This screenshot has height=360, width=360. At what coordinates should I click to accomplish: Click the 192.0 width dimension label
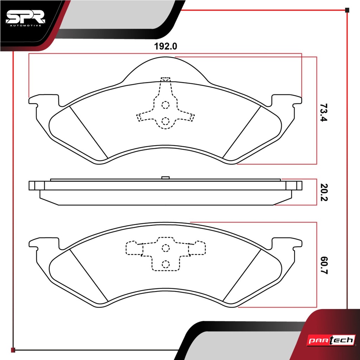pos(165,46)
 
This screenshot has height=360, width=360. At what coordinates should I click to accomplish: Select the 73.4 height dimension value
pos(323,112)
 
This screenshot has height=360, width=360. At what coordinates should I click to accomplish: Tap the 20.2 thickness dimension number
pos(323,192)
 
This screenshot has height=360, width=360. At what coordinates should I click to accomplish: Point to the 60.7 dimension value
pos(323,265)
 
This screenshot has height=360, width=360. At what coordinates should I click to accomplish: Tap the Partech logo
pos(331,340)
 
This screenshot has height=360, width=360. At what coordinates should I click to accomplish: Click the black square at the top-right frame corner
pos(347,10)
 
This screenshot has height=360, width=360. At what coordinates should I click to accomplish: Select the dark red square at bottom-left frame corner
pos(13,350)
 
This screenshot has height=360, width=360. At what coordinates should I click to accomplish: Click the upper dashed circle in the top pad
pos(165,105)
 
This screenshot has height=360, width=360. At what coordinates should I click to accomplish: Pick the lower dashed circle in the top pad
pos(165,121)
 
